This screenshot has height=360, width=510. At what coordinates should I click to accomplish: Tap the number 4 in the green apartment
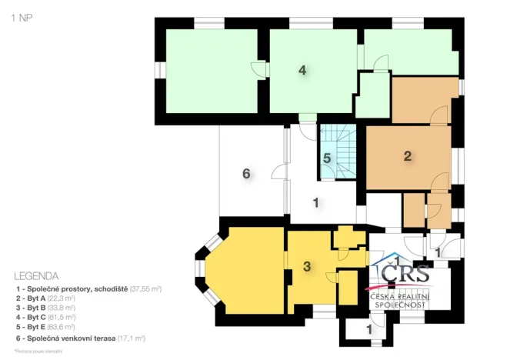(x=303, y=70)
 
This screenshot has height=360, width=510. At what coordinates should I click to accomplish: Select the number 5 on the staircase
(x=327, y=158)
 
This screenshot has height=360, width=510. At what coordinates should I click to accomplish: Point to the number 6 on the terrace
(x=246, y=174)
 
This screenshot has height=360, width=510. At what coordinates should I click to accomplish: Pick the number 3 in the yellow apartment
(x=307, y=266)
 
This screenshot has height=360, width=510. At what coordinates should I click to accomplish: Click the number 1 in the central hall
(x=315, y=203)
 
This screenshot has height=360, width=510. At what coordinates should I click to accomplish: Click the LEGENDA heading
(x=35, y=275)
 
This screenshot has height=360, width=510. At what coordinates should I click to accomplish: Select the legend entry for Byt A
(x=46, y=297)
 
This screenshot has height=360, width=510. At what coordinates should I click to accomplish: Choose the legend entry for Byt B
(x=46, y=307)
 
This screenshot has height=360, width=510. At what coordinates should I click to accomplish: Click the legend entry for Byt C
(x=46, y=317)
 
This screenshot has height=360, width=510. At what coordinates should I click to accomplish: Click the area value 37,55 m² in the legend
(x=145, y=288)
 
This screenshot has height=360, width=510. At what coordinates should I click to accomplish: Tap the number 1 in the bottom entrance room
(x=368, y=328)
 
